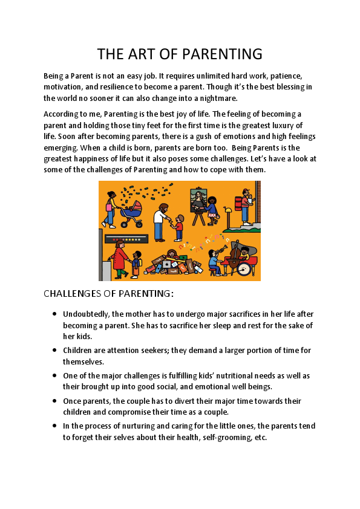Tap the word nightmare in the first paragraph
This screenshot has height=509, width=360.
[217, 98]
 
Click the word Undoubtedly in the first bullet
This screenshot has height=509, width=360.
[85, 314]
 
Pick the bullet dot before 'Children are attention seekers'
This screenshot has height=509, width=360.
[54, 349]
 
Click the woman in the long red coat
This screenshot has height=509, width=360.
[119, 257]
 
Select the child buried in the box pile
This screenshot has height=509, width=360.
[172, 254]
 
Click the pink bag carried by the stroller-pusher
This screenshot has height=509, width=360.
[110, 207]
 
